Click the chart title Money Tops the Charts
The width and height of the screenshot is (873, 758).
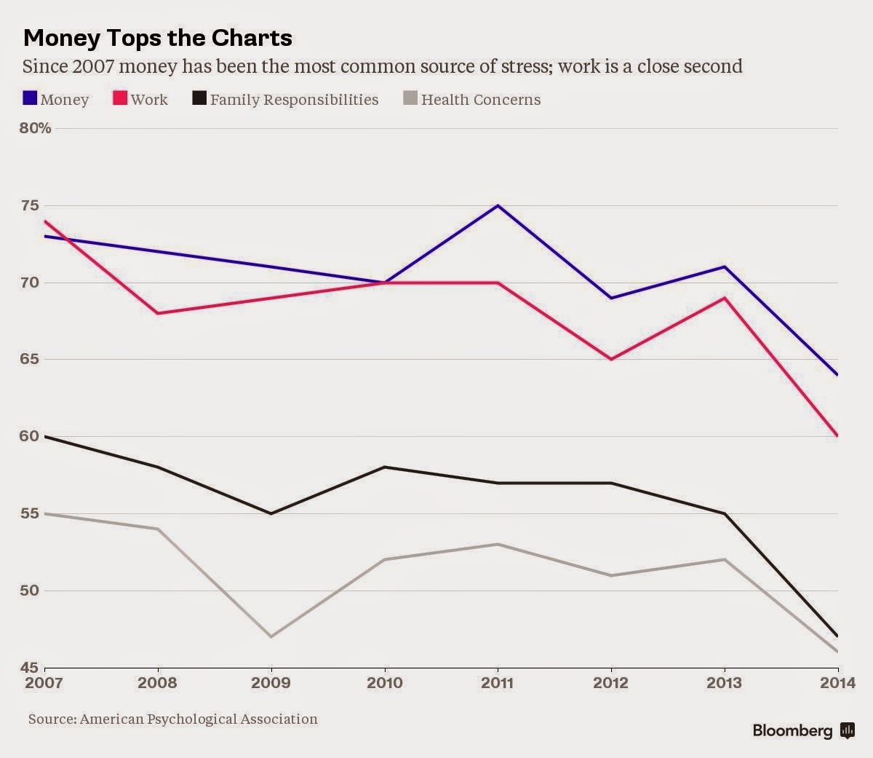tap(158, 38)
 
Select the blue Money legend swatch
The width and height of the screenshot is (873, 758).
tap(31, 98)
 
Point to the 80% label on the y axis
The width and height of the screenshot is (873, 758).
tap(36, 128)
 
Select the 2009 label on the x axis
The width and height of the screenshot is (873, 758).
tap(271, 683)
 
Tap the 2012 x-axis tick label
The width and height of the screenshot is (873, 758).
tap(611, 683)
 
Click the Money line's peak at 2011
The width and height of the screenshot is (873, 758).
tap(498, 205)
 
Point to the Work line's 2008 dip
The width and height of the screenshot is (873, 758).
tap(158, 313)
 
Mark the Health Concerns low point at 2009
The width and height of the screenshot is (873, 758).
tap(271, 636)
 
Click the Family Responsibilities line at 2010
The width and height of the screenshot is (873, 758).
tap(385, 467)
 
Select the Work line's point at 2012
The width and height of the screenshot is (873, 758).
tap(611, 359)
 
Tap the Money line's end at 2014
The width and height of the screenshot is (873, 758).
tap(837, 374)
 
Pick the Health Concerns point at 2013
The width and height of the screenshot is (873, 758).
tap(725, 559)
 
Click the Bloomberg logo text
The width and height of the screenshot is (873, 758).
tap(792, 730)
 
